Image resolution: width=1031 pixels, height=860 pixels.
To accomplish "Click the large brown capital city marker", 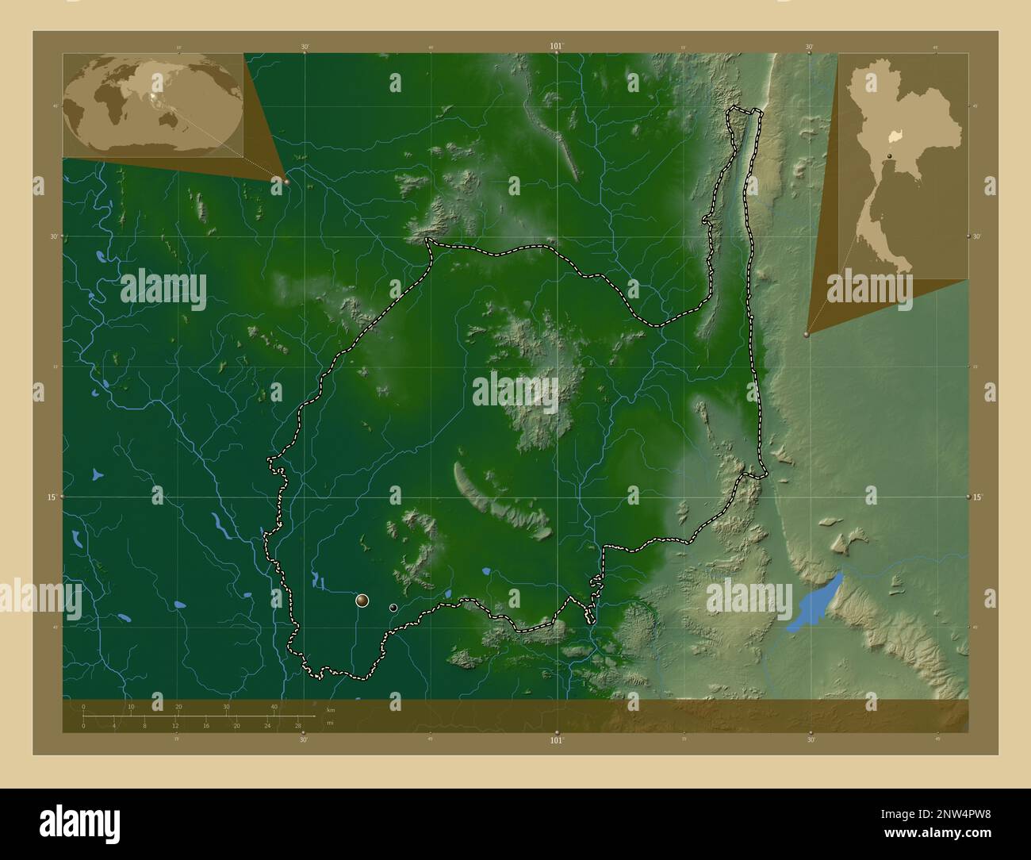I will point(362,601).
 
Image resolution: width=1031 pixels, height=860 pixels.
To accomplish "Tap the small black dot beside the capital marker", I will point(393,608).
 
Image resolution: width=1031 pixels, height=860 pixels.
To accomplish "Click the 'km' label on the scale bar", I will point(330,709).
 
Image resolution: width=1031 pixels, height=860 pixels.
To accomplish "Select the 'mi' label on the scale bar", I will point(330,723).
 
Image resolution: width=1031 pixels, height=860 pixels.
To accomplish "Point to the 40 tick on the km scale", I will point(274,707).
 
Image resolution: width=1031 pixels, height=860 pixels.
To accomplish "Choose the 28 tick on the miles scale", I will point(297,725).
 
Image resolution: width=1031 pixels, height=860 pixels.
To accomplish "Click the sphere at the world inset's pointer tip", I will point(286,182).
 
